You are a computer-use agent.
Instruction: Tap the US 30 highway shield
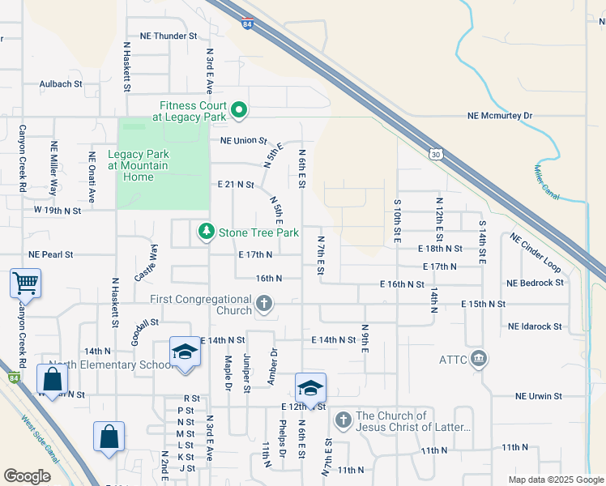436,154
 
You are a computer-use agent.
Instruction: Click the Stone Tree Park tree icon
207,232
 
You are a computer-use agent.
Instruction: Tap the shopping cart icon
26,283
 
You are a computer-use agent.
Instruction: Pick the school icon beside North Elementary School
185,352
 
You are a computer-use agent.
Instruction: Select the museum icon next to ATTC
479,358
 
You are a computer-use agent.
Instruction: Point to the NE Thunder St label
169,36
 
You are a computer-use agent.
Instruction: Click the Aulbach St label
61,83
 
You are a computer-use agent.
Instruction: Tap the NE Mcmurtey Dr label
500,116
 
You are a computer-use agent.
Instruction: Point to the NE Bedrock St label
534,283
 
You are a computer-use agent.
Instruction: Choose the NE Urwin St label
538,396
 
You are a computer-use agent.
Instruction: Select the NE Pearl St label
50,254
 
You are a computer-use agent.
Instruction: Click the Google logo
28,476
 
